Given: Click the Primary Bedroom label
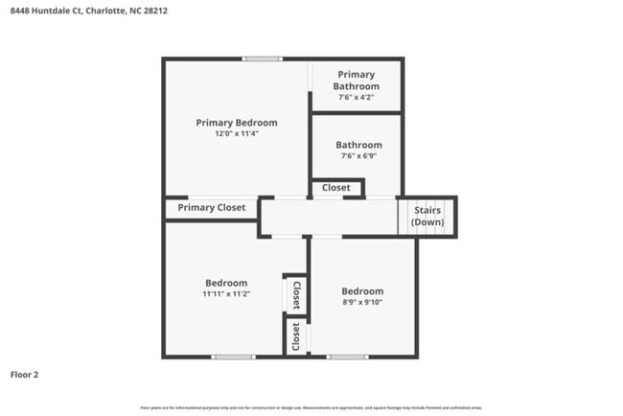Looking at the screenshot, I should click(x=237, y=123).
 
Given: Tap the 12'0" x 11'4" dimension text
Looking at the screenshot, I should click(x=237, y=134).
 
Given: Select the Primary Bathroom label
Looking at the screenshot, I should click(x=357, y=80).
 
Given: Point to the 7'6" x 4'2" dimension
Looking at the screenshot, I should click(x=357, y=97).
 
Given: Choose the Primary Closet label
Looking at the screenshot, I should click(x=212, y=207).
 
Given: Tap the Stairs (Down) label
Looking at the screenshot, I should click(x=427, y=216).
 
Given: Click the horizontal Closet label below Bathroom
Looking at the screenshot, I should click(x=335, y=188).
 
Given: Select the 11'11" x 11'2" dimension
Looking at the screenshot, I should click(x=226, y=294).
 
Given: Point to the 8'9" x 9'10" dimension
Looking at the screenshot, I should click(x=362, y=303).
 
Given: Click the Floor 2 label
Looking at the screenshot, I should click(x=25, y=374).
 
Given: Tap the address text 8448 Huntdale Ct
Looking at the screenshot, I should click(x=43, y=11).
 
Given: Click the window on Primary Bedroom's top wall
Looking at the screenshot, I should click(x=262, y=59).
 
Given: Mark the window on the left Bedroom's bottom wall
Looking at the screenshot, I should click(x=234, y=358).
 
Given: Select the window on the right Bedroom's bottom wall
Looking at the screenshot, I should click(x=347, y=358).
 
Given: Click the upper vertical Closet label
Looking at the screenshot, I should click(x=296, y=293).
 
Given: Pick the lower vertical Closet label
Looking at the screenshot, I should click(x=296, y=336).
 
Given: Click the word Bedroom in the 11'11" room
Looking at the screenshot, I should click(x=226, y=283).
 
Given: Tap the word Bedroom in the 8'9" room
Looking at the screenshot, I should click(x=362, y=291).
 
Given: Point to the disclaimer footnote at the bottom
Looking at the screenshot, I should click(x=311, y=407).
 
